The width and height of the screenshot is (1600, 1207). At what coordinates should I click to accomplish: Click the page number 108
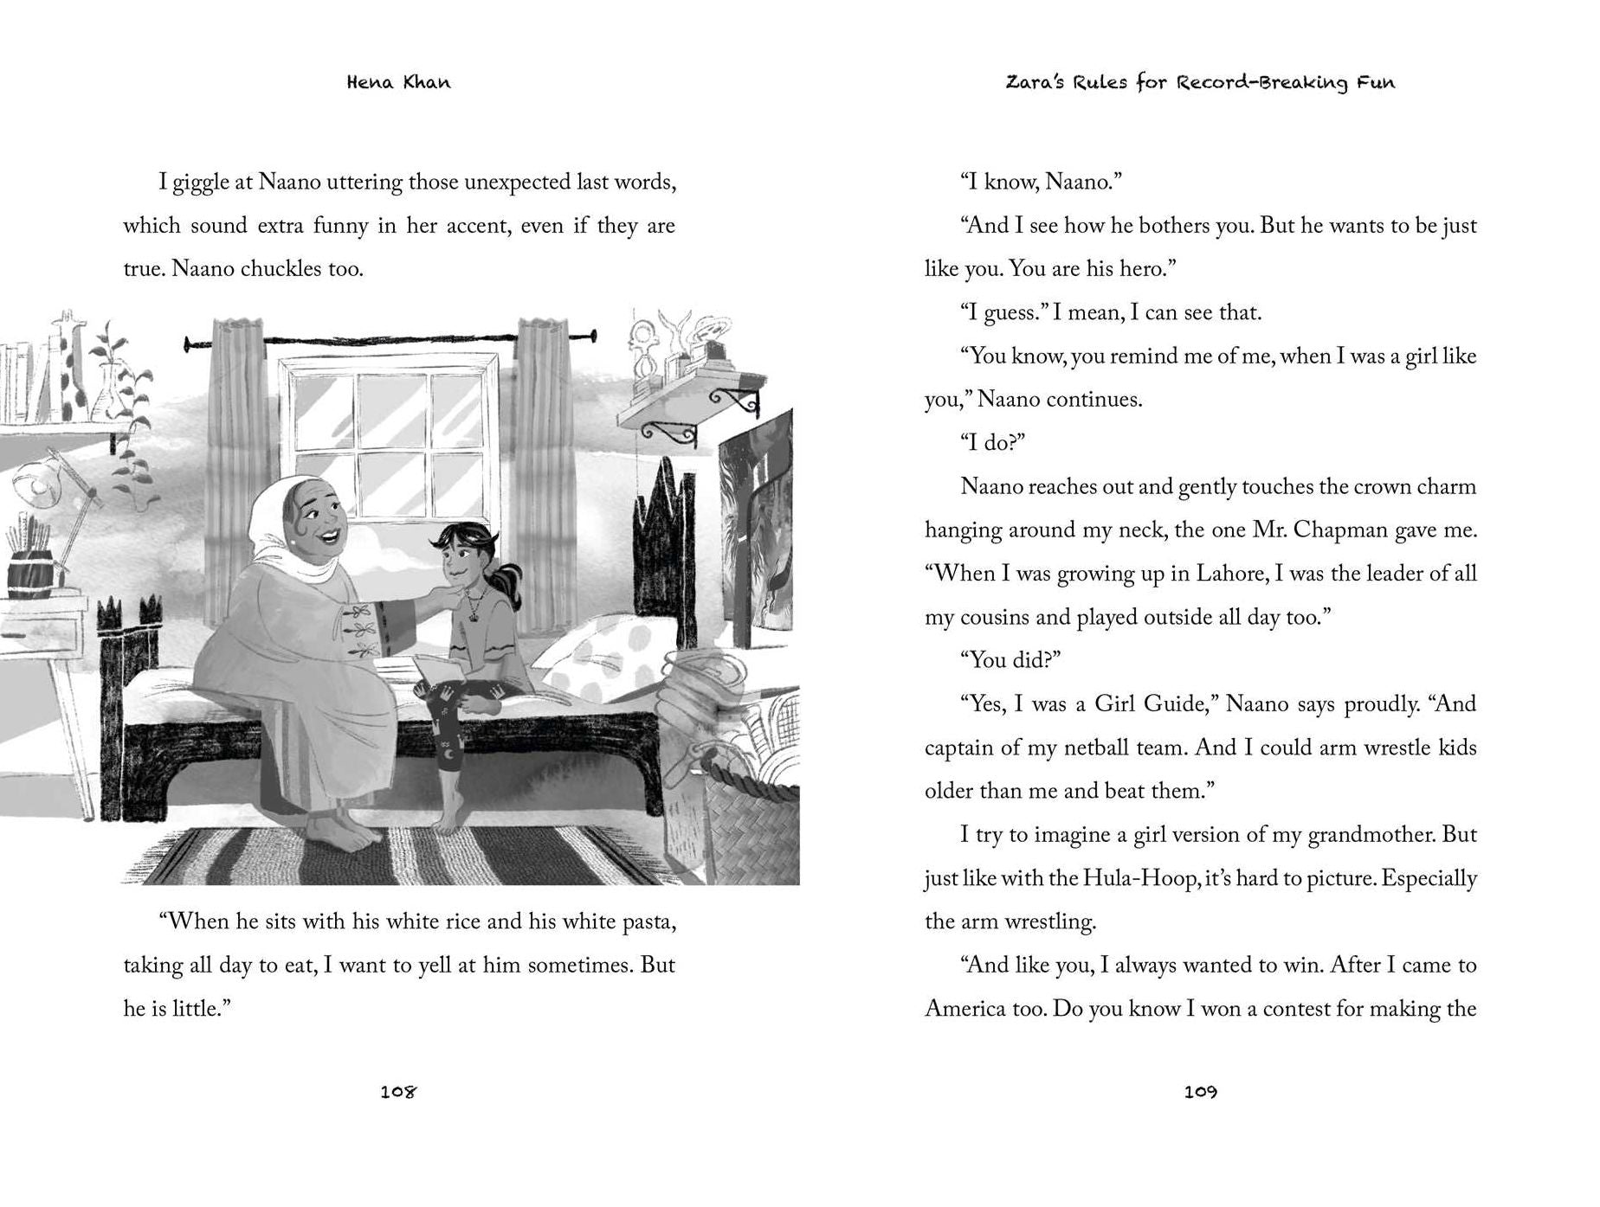[398, 1092]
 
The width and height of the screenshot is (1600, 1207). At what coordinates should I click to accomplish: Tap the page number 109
[1200, 1092]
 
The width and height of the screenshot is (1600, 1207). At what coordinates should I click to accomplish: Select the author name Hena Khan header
[398, 83]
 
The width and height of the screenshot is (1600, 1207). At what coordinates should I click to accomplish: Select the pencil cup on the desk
[31, 575]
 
